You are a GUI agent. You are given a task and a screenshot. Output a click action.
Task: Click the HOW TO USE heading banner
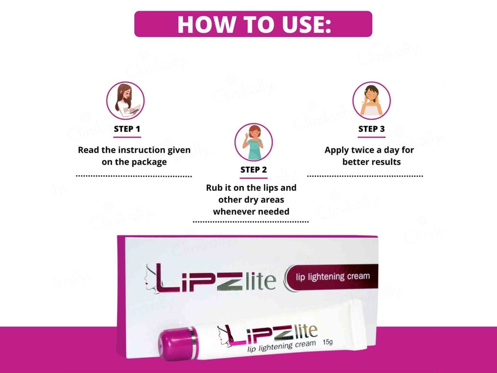coord(253,24)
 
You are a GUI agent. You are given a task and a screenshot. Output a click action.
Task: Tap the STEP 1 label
coord(127,129)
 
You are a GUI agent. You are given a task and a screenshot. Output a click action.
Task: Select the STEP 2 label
coord(253,170)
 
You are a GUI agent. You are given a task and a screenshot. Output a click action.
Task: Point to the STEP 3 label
coord(371,129)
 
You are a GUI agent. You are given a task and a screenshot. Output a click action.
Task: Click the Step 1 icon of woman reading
coord(125,100)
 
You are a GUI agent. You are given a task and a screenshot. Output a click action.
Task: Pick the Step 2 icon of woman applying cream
coord(253,142)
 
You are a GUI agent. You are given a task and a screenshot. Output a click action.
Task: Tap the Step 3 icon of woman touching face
coord(371,100)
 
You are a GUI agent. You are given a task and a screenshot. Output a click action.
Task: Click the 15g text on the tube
coord(328,342)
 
